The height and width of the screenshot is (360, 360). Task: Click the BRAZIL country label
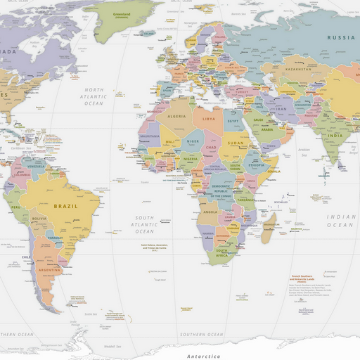(65, 207)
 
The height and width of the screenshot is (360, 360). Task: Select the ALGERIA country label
(176, 117)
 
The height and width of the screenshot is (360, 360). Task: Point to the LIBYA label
(209, 120)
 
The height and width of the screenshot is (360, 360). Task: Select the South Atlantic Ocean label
(145, 224)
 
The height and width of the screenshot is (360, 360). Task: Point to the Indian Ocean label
(341, 221)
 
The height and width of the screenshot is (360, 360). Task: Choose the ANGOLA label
(210, 211)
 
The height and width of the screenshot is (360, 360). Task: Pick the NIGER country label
(192, 141)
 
